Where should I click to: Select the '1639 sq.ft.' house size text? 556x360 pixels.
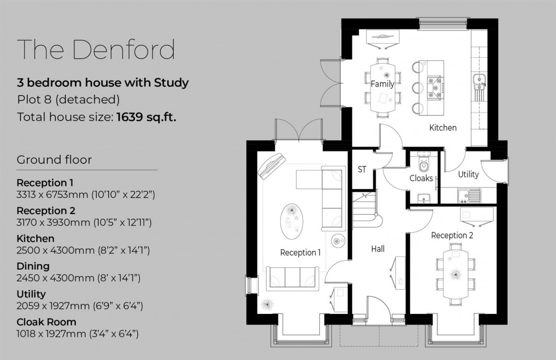tap(146, 118)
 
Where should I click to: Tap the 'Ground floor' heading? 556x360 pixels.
tap(54, 160)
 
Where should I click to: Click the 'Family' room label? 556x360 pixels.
tap(382, 84)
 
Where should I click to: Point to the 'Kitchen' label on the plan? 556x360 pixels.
tap(443, 128)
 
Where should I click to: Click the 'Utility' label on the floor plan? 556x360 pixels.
tap(469, 174)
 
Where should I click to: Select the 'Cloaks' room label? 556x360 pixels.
tap(421, 178)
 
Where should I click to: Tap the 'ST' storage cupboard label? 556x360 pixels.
tap(362, 169)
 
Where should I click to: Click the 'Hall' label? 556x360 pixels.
tap(378, 249)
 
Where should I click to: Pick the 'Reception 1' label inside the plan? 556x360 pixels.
tap(300, 252)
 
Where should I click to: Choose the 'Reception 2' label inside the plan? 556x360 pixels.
tap(452, 235)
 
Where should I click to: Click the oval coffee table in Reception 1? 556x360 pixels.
tap(293, 219)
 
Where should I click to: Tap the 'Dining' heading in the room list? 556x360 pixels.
tap(33, 266)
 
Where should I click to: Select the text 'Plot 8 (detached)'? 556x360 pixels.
tap(68, 100)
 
